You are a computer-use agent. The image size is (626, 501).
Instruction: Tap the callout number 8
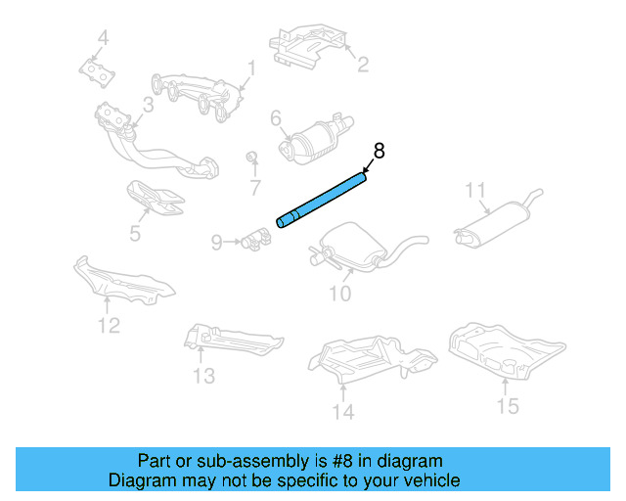tap(380, 152)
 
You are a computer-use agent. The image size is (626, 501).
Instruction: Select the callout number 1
tap(250, 69)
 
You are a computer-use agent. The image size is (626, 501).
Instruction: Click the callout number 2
tap(362, 66)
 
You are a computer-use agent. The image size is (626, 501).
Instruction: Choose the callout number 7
tap(255, 187)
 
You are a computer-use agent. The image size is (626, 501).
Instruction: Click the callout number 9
tap(217, 240)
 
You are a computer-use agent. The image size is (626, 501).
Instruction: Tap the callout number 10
tap(338, 293)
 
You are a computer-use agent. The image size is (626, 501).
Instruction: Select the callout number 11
tap(475, 190)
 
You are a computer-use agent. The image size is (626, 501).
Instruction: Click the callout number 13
tap(202, 375)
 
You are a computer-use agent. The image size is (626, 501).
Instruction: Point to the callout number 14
tap(341, 412)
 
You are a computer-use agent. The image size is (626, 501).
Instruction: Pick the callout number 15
tap(507, 405)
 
